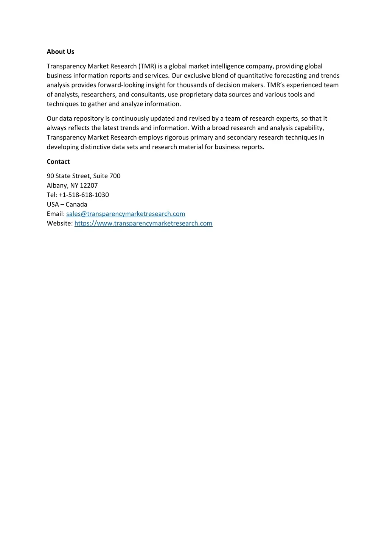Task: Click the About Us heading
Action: [x=61, y=52]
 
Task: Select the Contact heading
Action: [x=58, y=162]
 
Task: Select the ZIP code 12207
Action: [x=89, y=185]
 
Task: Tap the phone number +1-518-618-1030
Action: [x=84, y=195]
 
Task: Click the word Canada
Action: [x=76, y=204]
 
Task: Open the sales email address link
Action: [x=126, y=214]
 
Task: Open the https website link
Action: [x=143, y=223]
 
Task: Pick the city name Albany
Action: [x=57, y=185]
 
